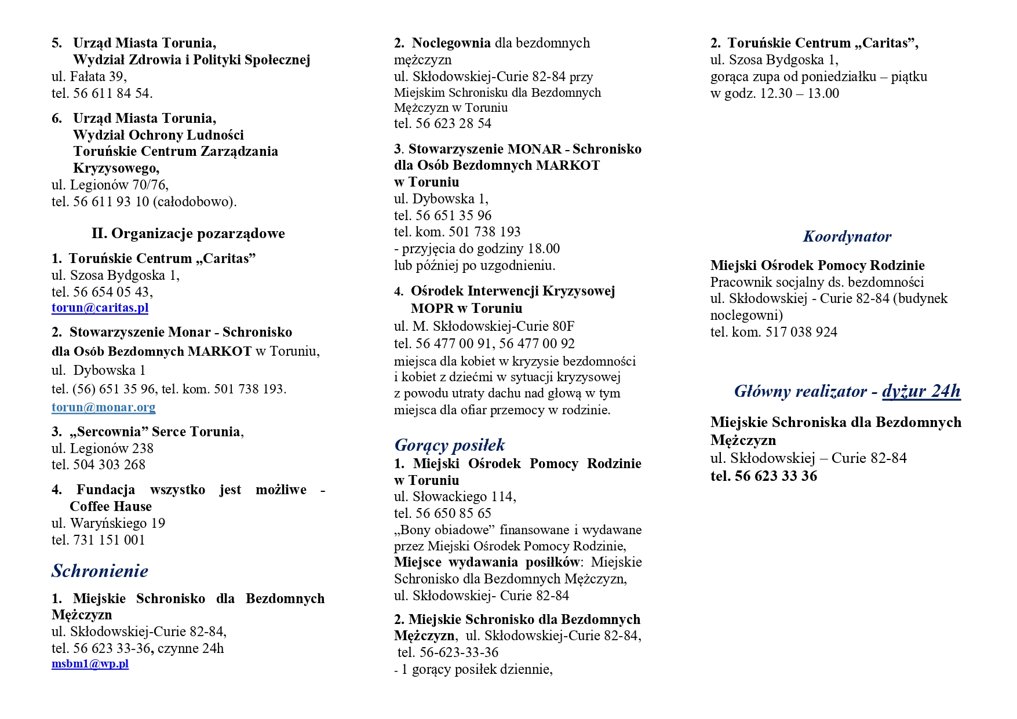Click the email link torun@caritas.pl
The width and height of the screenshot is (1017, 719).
(100, 308)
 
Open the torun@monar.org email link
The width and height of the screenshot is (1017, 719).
(103, 407)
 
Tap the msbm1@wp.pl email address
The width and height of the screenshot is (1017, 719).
(90, 664)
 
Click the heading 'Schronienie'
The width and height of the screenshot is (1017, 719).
(100, 571)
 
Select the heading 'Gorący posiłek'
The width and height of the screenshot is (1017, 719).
(449, 445)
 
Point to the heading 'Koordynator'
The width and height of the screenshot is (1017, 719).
(847, 236)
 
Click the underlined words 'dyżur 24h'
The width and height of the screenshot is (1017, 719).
(921, 392)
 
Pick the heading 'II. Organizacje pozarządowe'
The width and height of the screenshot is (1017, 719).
(188, 233)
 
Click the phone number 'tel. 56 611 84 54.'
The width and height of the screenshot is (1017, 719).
(102, 93)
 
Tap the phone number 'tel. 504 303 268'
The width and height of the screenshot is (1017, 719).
(99, 465)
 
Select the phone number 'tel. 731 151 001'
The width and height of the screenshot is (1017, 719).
(99, 540)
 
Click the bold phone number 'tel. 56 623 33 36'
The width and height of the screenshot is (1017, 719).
(763, 476)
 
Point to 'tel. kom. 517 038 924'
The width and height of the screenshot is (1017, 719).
(774, 332)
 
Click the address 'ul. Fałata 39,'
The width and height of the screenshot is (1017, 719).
(89, 76)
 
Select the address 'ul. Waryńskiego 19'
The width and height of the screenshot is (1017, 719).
(108, 523)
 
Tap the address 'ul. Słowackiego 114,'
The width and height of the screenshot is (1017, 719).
(455, 497)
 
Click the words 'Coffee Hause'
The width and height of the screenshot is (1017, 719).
(111, 506)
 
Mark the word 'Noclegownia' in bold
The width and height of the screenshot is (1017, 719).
(451, 43)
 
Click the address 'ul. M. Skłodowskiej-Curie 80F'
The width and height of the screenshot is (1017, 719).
(484, 326)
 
